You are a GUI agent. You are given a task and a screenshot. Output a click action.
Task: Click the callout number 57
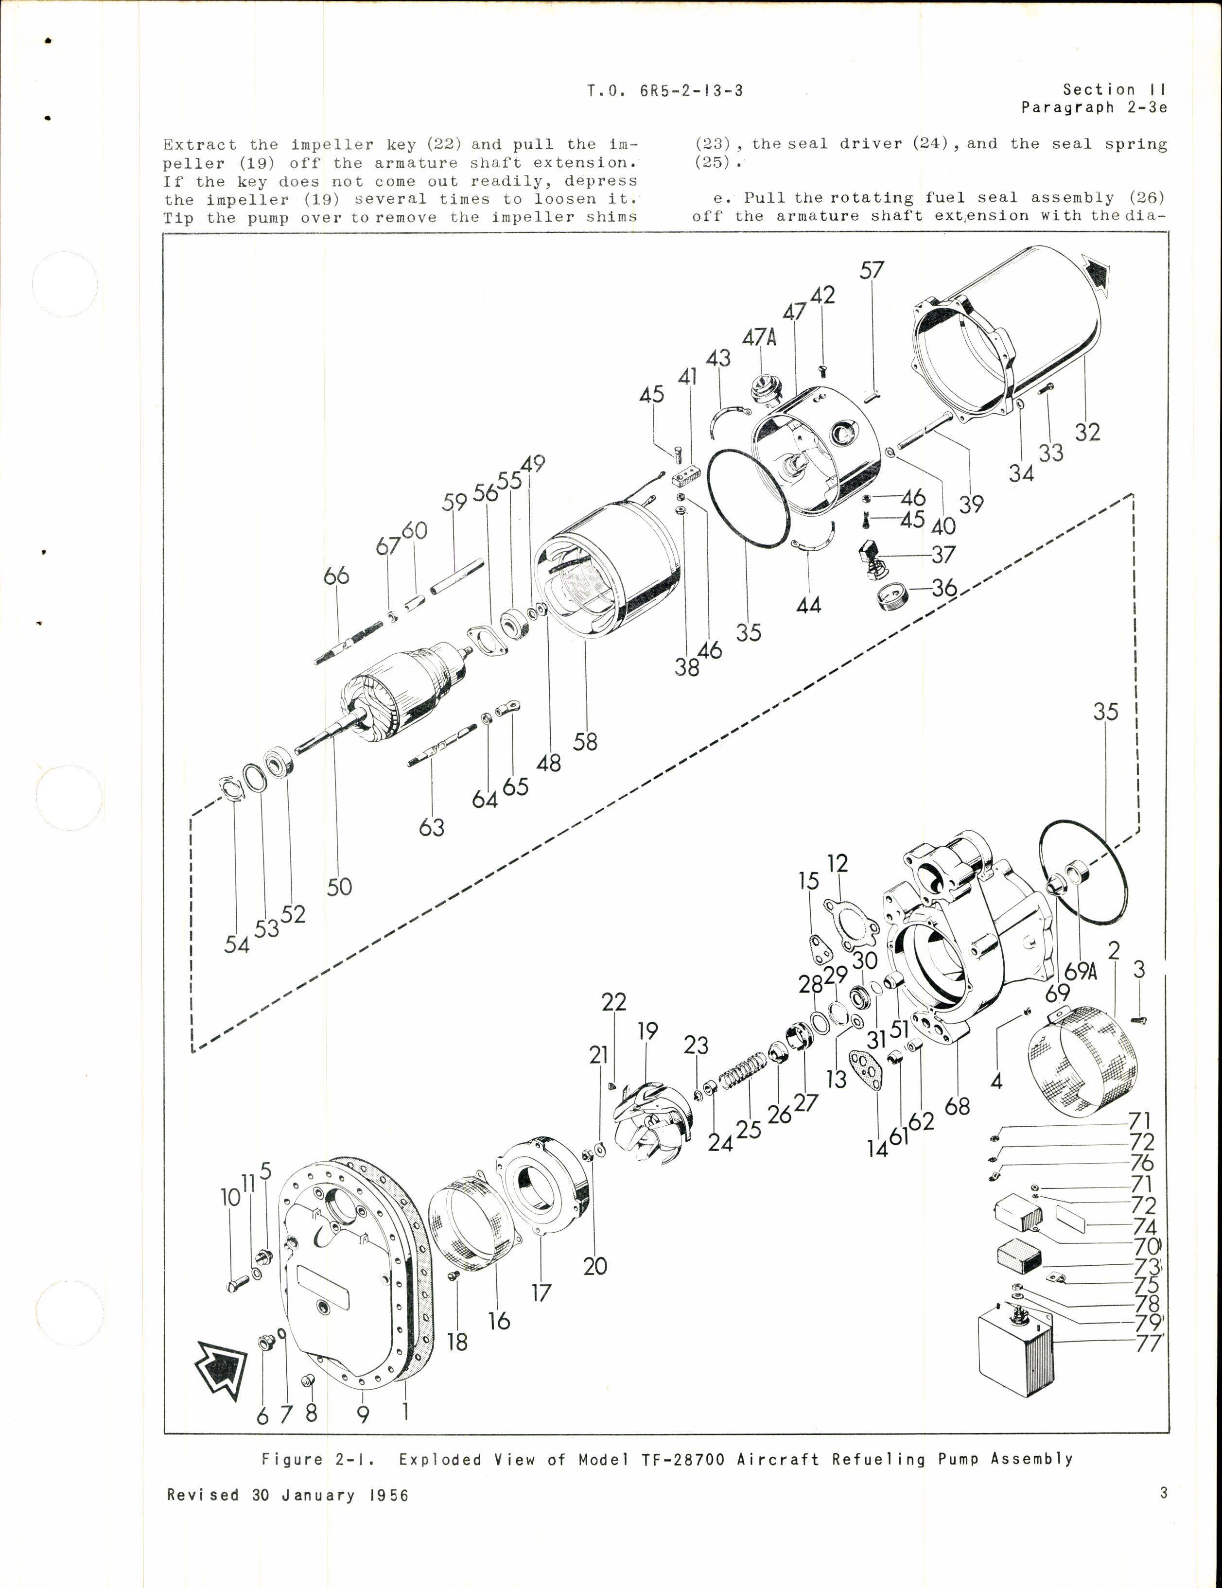point(872,270)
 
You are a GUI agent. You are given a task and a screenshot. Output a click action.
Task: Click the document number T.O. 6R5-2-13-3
point(665,91)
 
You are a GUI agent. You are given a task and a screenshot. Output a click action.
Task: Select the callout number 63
point(432,827)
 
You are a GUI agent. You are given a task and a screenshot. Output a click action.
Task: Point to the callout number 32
point(1087,432)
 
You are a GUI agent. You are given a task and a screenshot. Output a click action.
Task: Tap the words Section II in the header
point(1114,89)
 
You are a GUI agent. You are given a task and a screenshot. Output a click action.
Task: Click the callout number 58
point(585,742)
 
